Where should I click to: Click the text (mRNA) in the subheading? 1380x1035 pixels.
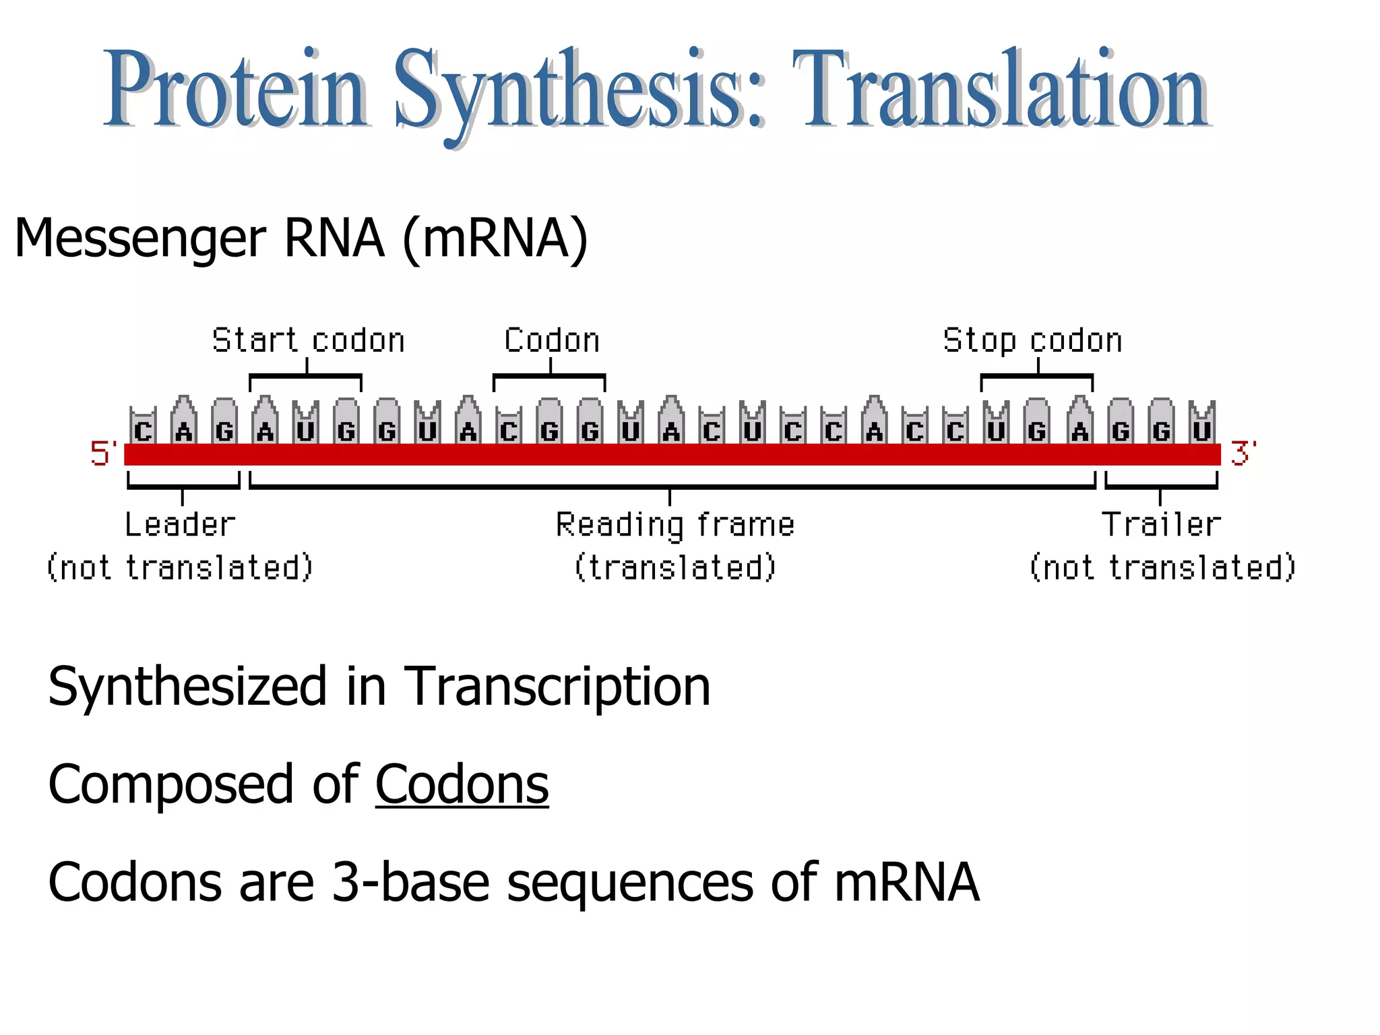coord(495,239)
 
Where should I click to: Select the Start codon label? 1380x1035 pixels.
coord(308,340)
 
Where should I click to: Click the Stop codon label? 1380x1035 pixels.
coord(1032,340)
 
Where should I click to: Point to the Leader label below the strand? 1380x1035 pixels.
coord(180,524)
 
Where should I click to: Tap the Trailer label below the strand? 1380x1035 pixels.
coord(1160,524)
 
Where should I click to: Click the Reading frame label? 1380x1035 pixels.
coord(675,524)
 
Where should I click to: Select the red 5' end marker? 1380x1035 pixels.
coord(103,453)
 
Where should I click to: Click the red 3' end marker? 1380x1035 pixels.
coord(1242,453)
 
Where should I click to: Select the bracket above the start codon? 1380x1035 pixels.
coord(305,376)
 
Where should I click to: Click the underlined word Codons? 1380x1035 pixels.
coord(462,784)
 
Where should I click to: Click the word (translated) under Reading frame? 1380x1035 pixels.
coord(675,567)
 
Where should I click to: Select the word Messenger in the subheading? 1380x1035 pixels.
coord(140,239)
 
